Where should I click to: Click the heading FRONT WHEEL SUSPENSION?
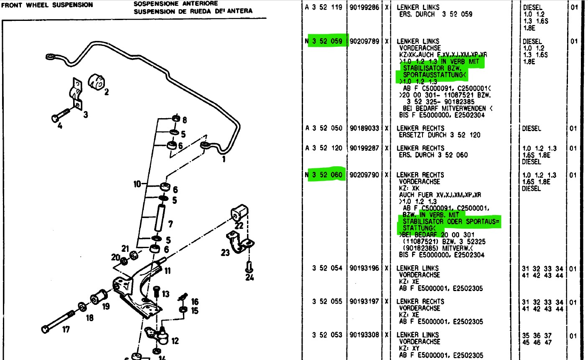pyautogui.click(x=47, y=5)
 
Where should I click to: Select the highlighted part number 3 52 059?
pyautogui.click(x=327, y=41)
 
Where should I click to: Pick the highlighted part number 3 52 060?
pyautogui.click(x=327, y=175)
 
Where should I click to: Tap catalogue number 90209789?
pyautogui.click(x=364, y=41)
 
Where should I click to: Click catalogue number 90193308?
pyautogui.click(x=364, y=335)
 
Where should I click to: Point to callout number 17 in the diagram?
pyautogui.click(x=66, y=330)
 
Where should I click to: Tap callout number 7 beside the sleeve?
pyautogui.click(x=170, y=224)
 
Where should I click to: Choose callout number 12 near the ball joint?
pyautogui.click(x=175, y=341)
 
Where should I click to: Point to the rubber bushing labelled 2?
pyautogui.click(x=97, y=81)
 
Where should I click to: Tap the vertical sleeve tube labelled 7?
pyautogui.click(x=159, y=218)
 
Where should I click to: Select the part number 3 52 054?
pyautogui.click(x=327, y=268)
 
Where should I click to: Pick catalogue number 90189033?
pyautogui.click(x=364, y=128)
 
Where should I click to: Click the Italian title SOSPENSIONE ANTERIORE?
pyautogui.click(x=176, y=4)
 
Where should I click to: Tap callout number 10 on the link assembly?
pyautogui.click(x=137, y=184)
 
